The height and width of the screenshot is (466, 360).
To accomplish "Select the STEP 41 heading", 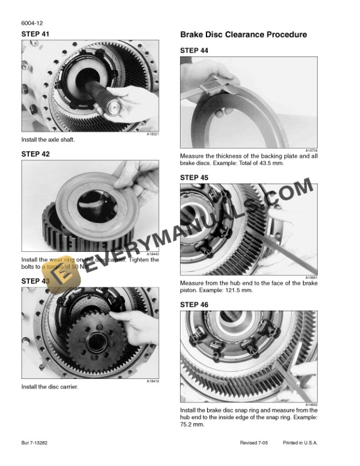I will (35, 34).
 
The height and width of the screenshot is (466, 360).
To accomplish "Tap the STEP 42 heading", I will (35, 154).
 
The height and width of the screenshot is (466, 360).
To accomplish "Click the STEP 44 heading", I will (194, 51).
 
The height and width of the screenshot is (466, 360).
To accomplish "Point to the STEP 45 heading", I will (194, 177).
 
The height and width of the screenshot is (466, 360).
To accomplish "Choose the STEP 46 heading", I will (194, 305).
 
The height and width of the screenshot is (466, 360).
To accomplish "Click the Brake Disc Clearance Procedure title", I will (243, 35).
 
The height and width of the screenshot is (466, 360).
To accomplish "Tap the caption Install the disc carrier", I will (49, 387).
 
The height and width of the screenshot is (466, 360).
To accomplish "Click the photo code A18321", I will (152, 134).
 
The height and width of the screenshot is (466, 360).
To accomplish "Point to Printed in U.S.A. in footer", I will (300, 442).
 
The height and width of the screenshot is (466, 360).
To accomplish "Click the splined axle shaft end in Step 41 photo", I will (112, 105).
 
